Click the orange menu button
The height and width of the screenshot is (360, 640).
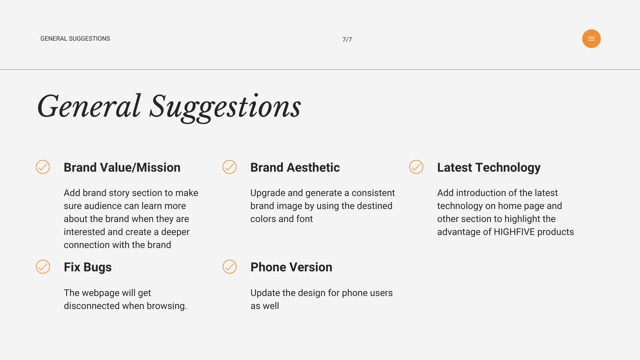pos(591,39)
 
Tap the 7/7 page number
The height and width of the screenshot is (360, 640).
pos(347,39)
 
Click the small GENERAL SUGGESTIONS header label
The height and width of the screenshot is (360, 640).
pos(75,39)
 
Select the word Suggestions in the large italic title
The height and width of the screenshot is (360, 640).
pos(225,107)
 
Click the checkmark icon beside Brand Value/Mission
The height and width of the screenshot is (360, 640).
pos(43,167)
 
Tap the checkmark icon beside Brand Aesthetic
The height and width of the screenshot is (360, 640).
pos(230,167)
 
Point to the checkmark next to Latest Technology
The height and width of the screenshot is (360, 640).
pos(416,167)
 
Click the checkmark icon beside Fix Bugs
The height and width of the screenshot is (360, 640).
pos(43,267)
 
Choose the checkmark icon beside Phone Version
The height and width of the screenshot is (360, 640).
pos(230,267)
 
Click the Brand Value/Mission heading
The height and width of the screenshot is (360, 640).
pos(122,167)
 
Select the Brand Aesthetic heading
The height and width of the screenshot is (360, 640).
pos(295,167)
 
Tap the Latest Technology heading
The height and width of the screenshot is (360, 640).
pos(489,168)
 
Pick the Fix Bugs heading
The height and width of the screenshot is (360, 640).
pos(88,267)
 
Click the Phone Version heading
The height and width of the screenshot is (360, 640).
pos(291,267)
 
